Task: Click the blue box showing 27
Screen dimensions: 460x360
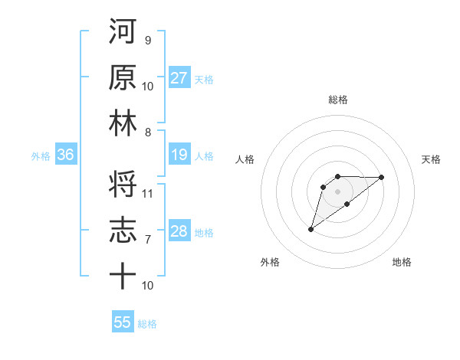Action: (x=179, y=78)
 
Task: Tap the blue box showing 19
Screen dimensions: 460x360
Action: (x=179, y=155)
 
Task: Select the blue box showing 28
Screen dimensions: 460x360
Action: (x=179, y=232)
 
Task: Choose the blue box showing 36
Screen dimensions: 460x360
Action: (x=66, y=155)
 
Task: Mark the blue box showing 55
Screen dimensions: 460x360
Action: (x=123, y=322)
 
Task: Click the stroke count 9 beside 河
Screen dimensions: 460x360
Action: (x=147, y=40)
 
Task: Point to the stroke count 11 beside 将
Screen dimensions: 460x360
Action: (x=148, y=193)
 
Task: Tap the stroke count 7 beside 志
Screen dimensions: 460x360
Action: (x=147, y=240)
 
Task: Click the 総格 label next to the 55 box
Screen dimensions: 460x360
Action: (x=147, y=324)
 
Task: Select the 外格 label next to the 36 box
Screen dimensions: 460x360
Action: (x=41, y=156)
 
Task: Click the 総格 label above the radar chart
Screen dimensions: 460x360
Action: (x=337, y=100)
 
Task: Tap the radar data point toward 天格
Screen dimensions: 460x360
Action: (x=381, y=177)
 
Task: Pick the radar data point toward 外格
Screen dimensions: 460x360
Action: (x=310, y=229)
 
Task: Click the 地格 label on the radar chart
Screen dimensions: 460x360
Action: (x=402, y=262)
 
